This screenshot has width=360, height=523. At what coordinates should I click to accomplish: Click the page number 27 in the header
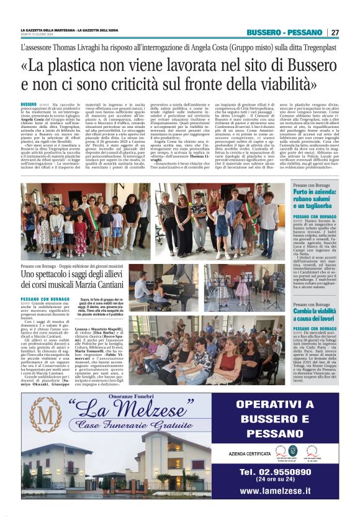click(335, 32)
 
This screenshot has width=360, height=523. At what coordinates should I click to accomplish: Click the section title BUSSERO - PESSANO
click(284, 32)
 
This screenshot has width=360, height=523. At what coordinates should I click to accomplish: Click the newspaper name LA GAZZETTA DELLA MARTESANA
click(46, 30)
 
